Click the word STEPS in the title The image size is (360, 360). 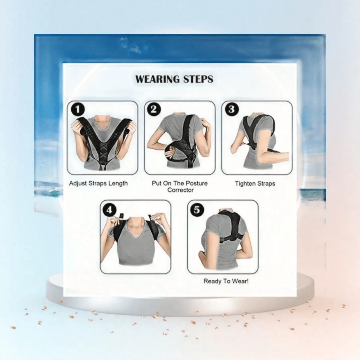click(x=198, y=79)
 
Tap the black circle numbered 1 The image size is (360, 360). click(x=78, y=109)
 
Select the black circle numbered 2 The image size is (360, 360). click(x=154, y=109)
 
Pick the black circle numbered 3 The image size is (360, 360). click(x=232, y=109)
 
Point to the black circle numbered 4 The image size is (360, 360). click(x=109, y=210)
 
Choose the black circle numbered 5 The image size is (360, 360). click(x=197, y=210)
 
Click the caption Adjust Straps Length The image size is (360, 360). click(x=98, y=184)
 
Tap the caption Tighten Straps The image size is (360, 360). click(x=255, y=184)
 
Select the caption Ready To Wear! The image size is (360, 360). click(x=226, y=281)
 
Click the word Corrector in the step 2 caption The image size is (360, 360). click(x=181, y=190)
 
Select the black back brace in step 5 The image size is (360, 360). click(x=231, y=226)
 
